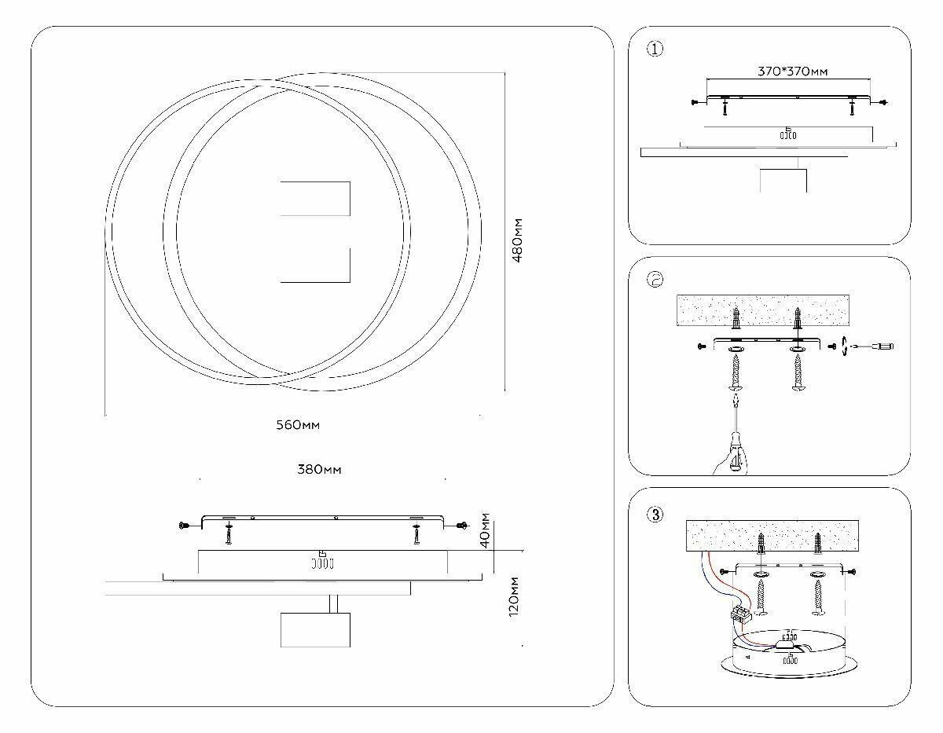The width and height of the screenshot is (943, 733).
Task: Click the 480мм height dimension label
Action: coord(518,240)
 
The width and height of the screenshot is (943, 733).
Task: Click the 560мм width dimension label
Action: coord(298,425)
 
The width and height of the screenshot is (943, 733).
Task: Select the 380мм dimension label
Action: coord(319,470)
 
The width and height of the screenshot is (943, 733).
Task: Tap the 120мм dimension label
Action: coord(515,596)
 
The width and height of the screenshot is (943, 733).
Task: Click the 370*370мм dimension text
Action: coord(792,71)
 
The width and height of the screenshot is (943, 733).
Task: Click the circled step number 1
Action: coord(655,49)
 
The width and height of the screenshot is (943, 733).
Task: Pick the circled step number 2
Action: coord(655,280)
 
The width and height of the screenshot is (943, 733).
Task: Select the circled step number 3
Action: coord(655,515)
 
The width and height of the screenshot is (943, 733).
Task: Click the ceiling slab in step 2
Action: coord(762,310)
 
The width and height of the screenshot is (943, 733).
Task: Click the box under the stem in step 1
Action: coord(783,180)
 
